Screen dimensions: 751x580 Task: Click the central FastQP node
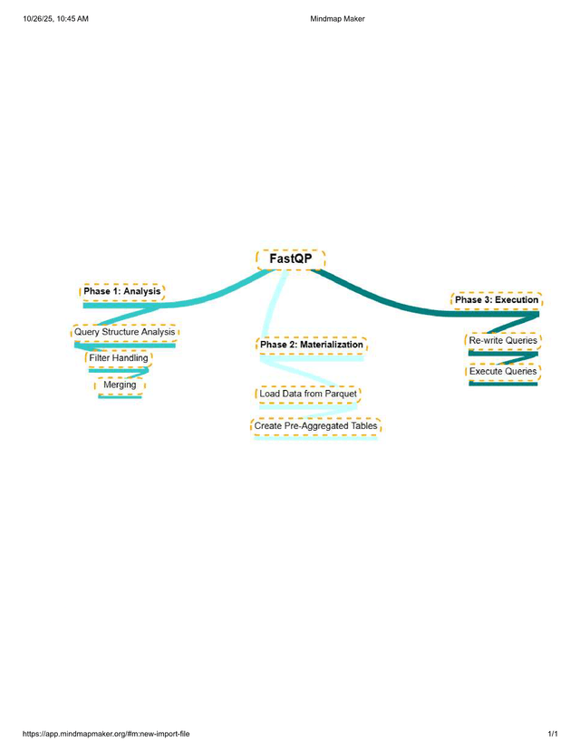[x=290, y=259]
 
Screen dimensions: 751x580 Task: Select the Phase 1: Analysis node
[x=122, y=291]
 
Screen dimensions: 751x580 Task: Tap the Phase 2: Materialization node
[x=312, y=345]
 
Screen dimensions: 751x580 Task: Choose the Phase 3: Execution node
[x=497, y=299]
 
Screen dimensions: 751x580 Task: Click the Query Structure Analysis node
[x=125, y=332]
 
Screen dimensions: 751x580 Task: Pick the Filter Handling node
[x=119, y=358]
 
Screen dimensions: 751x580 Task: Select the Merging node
[x=120, y=385]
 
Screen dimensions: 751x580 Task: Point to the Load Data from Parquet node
[x=307, y=394]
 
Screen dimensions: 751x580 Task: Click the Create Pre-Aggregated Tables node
[x=315, y=425]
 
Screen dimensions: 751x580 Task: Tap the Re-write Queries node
[x=503, y=340]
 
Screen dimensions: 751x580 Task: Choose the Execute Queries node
[x=503, y=371]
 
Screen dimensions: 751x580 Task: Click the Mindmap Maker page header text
[x=337, y=18]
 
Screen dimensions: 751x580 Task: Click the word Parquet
[x=339, y=394]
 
